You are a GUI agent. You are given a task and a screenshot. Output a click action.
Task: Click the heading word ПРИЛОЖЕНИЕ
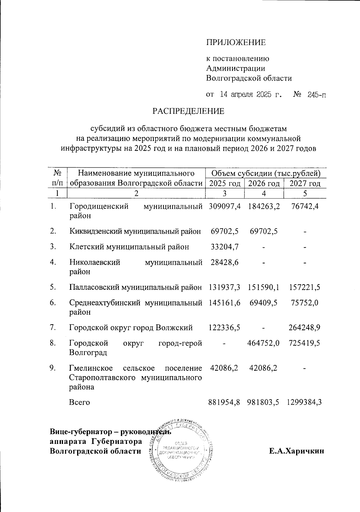(236, 42)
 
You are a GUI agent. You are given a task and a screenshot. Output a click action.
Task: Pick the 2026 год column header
(264, 184)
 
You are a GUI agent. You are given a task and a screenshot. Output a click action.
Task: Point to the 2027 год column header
(305, 184)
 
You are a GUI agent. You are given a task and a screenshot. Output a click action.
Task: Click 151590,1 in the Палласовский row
(264, 287)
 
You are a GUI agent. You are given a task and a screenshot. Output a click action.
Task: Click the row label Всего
(79, 402)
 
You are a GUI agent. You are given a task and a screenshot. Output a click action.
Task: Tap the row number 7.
(53, 328)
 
